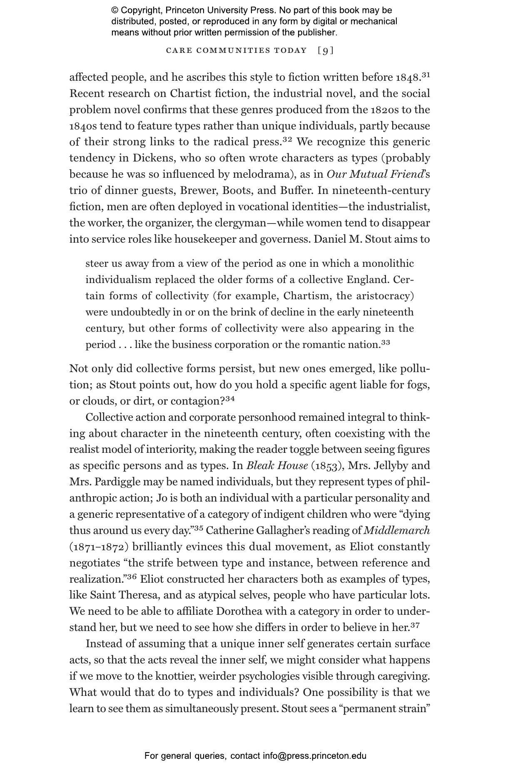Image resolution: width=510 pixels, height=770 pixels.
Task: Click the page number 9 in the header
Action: pyautogui.click(x=326, y=51)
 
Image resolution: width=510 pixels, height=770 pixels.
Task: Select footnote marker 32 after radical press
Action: pyautogui.click(x=287, y=139)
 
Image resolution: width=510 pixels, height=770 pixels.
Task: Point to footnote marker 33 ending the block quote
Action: pyautogui.click(x=386, y=343)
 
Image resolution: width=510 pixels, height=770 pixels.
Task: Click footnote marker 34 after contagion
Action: pyautogui.click(x=230, y=399)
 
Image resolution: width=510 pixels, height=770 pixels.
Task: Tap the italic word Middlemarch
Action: pyautogui.click(x=397, y=531)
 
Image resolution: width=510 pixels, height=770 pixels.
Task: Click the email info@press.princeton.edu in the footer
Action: pyautogui.click(x=314, y=755)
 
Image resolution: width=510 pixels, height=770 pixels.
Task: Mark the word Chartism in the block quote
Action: pyautogui.click(x=307, y=296)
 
